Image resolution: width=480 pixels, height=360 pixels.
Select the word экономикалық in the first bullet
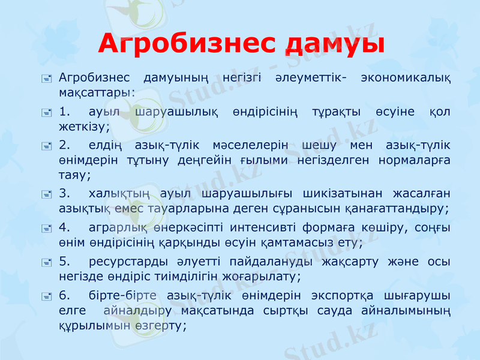coord(406,78)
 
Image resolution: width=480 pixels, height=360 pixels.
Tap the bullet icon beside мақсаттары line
coord(47,78)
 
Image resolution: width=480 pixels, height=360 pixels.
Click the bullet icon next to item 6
coord(47,296)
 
